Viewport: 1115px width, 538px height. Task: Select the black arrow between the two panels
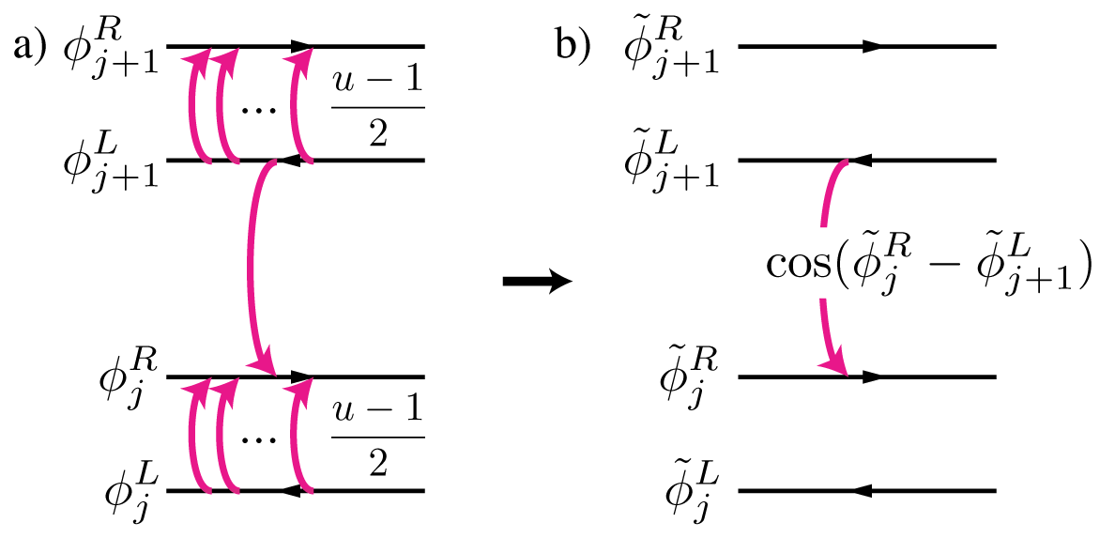click(x=538, y=282)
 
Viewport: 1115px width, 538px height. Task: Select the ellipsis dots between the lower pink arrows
click(x=253, y=441)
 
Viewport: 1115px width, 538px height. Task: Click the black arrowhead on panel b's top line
click(x=872, y=46)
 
